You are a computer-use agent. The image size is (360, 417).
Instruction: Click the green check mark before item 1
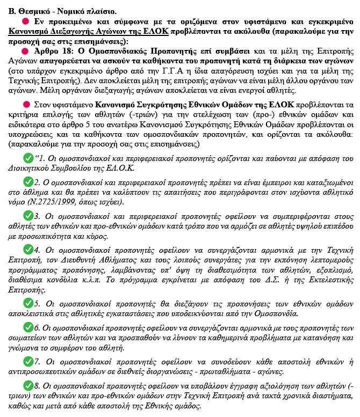tap(28, 158)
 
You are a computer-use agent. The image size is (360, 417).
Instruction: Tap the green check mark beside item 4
tap(28, 250)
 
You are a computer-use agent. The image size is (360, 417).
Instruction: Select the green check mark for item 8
tap(28, 386)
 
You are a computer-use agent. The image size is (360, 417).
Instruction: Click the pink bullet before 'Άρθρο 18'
tap(25, 52)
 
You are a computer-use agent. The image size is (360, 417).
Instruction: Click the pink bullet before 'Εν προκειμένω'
tap(25, 20)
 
